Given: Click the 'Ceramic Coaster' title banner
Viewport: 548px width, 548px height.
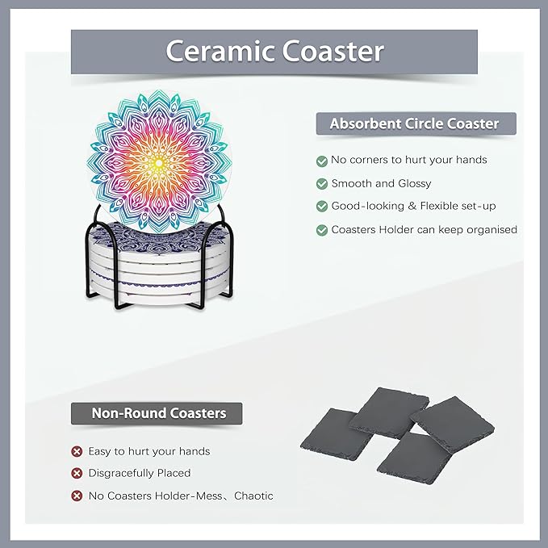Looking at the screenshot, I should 274,52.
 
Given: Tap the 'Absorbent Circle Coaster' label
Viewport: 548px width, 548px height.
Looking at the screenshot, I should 414,123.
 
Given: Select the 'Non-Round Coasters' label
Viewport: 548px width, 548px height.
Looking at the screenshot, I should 158,413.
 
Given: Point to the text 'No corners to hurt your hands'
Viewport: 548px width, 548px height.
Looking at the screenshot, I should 409,160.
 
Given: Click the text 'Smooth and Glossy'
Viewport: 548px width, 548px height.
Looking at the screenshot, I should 381,183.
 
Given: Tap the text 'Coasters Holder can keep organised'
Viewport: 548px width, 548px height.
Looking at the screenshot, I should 424,230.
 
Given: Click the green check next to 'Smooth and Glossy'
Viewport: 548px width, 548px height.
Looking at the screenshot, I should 322,184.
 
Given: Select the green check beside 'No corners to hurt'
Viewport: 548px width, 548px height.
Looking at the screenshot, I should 322,161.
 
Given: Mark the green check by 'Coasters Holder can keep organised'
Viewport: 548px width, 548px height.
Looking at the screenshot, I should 322,230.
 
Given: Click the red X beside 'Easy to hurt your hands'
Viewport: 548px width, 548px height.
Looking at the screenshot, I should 77,451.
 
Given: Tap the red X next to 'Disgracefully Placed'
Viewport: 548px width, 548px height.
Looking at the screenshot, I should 77,473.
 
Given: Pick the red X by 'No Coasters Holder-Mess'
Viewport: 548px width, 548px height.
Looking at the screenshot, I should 77,496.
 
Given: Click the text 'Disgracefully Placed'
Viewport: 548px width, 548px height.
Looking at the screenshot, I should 140,473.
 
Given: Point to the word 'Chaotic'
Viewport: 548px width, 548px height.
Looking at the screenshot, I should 253,496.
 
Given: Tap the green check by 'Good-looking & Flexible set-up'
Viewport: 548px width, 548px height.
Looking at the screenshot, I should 322,207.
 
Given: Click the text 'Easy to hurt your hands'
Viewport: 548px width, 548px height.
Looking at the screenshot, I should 149,451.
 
